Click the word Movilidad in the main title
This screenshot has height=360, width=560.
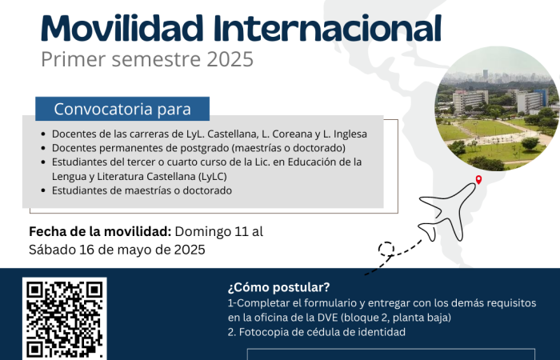(122, 28)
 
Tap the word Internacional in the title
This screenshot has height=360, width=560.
(327, 28)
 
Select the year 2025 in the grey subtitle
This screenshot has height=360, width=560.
(230, 59)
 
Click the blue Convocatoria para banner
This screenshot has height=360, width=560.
(122, 109)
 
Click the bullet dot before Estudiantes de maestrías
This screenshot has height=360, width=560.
(43, 190)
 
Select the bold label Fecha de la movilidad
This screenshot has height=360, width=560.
(100, 231)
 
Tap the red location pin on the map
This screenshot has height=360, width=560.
(478, 180)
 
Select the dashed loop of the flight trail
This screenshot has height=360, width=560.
(386, 249)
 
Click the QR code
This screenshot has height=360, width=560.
(65, 318)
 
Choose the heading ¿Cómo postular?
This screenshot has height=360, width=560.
(279, 287)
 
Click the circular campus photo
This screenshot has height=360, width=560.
(497, 109)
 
